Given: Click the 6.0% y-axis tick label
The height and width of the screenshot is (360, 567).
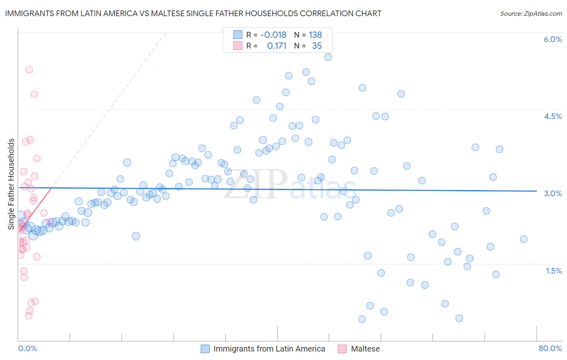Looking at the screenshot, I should click(552, 39).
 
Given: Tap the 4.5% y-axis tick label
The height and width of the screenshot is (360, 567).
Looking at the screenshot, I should click(552, 116).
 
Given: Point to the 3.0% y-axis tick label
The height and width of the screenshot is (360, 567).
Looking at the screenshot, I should click(552, 193).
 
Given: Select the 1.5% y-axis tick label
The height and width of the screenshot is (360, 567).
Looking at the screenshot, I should click(554, 271).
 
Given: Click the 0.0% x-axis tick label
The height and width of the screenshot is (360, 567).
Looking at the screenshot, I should click(27, 348).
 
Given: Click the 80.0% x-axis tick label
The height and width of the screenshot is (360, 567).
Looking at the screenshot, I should click(550, 348).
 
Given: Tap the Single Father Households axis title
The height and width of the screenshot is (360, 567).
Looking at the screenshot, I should click(11, 184).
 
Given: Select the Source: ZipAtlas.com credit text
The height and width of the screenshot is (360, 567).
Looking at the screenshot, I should click(531, 13).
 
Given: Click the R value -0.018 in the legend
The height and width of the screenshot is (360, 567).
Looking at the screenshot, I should click(273, 35).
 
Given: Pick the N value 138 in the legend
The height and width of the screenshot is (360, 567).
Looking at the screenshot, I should click(315, 35).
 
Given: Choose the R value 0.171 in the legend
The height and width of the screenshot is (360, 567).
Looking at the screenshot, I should click(276, 46).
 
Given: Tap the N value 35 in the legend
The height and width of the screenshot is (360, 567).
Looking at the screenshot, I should click(317, 46).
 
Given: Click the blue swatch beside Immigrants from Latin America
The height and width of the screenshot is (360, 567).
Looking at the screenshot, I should click(205, 349).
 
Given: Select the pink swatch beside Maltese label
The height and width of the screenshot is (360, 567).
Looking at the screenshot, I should click(342, 349).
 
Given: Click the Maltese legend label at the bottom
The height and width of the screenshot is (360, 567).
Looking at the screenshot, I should click(365, 349).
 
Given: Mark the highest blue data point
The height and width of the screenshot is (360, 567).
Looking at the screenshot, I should click(328, 57).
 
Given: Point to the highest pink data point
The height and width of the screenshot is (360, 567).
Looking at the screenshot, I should click(29, 69).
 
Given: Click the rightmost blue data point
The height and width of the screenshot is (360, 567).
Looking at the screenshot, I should click(523, 239).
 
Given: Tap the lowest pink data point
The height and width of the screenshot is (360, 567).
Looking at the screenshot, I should click(29, 316).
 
